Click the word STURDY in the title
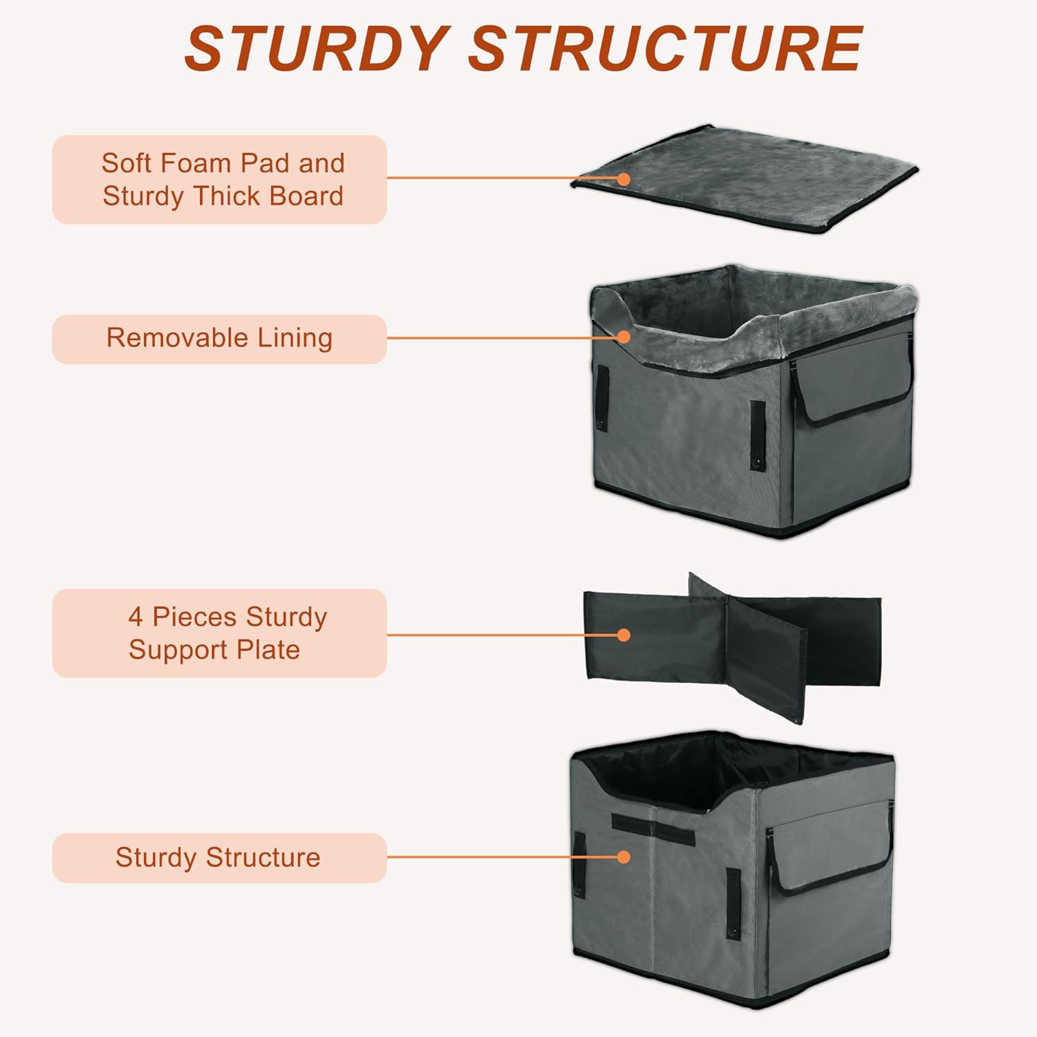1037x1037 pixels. pos(317,48)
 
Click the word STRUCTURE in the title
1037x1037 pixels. pos(666,48)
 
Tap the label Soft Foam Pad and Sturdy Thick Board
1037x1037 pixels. pos(219,180)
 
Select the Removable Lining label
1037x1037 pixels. pos(219,339)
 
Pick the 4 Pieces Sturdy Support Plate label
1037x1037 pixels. pos(219,633)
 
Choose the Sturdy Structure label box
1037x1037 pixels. pos(219,857)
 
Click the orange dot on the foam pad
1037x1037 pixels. pos(624,179)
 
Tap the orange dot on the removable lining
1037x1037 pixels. pos(624,337)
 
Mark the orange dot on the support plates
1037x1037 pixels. pos(624,635)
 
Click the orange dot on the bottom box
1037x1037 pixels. pos(624,857)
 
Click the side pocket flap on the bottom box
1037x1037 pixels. pos(833,854)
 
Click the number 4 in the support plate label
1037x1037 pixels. pos(136,617)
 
